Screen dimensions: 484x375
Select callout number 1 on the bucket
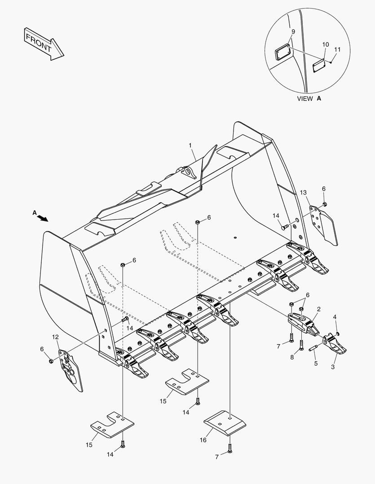coord(190,145)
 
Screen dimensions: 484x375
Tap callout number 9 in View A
coord(293,32)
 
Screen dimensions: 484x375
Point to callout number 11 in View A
coord(337,50)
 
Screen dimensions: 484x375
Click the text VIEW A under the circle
coord(309,99)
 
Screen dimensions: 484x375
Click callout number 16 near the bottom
coord(203,440)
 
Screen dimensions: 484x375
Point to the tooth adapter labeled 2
coord(304,323)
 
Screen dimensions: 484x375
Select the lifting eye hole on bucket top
coord(187,172)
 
